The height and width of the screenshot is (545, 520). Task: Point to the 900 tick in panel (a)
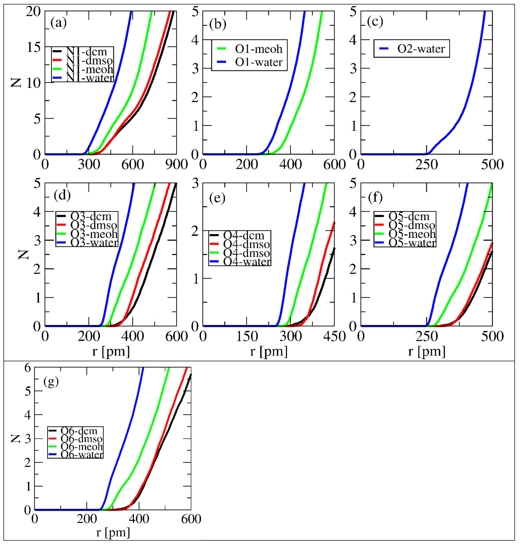tap(176, 165)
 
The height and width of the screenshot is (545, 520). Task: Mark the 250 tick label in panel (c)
tap(426, 165)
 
